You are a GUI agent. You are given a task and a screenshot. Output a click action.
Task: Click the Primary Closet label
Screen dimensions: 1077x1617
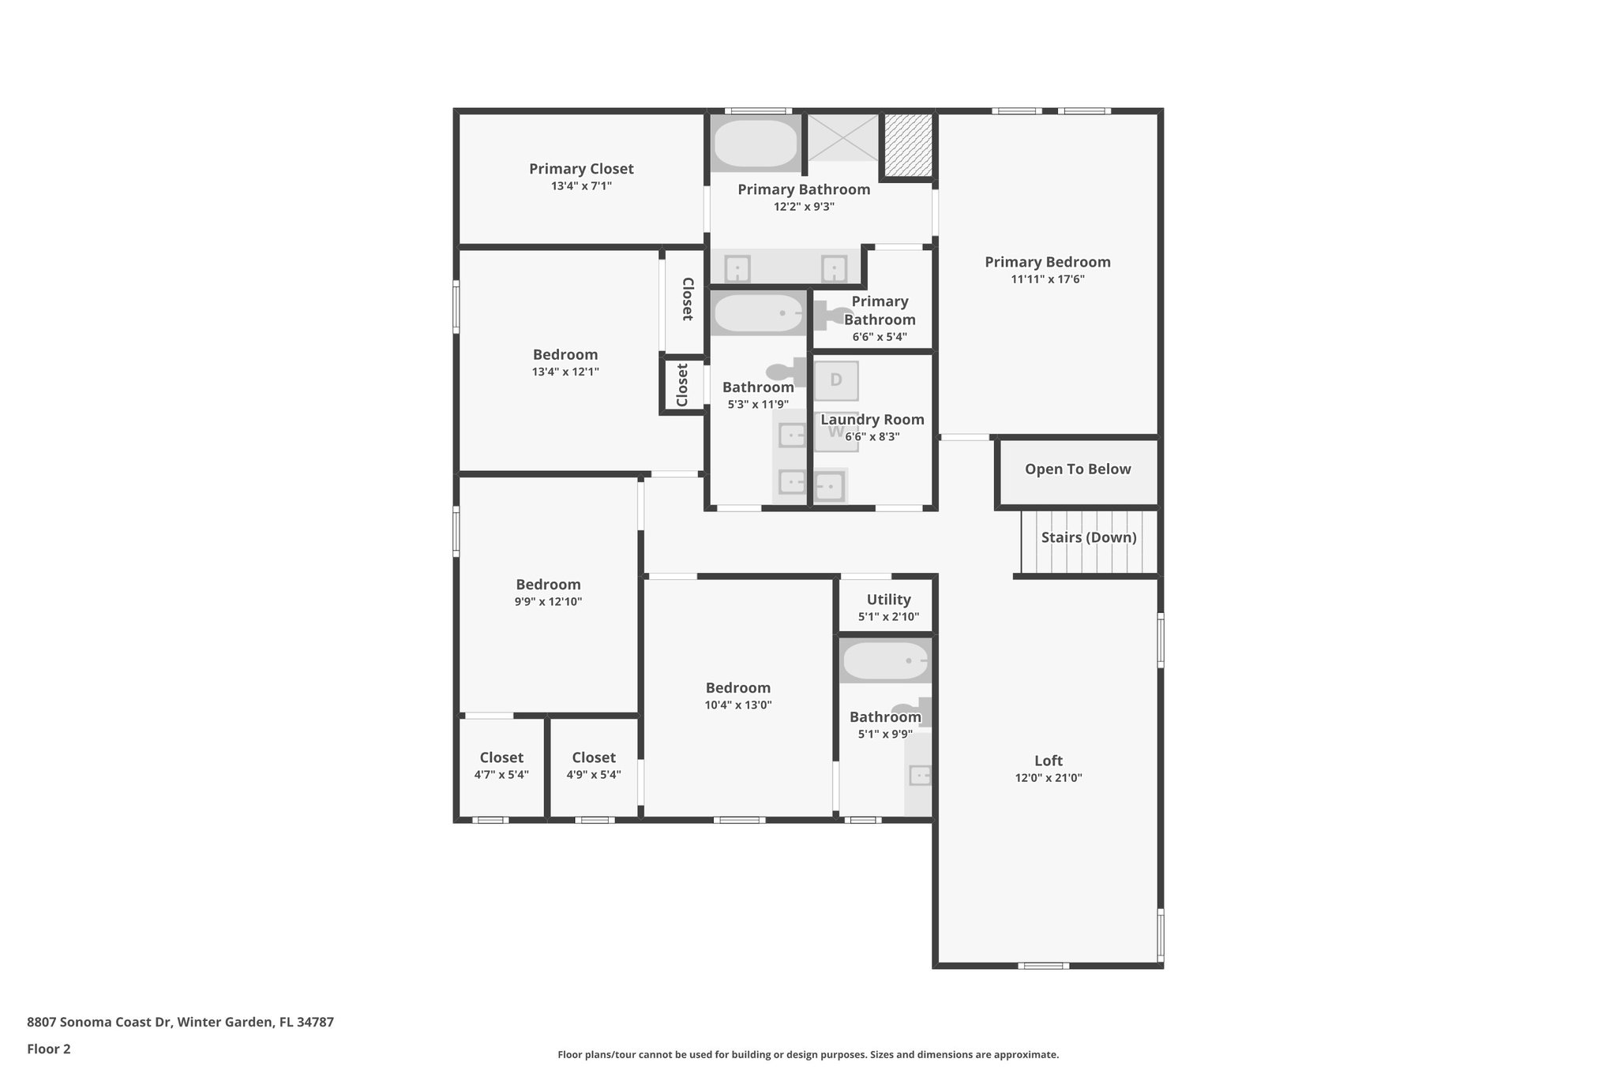tap(581, 169)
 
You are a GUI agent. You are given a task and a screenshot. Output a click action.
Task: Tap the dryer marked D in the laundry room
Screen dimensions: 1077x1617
tap(836, 380)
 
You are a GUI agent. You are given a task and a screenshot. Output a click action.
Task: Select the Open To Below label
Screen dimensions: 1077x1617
tap(1078, 469)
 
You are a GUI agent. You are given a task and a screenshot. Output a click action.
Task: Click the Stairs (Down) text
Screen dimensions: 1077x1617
tap(1089, 537)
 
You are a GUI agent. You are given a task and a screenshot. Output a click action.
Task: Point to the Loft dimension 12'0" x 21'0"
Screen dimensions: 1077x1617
tap(1049, 778)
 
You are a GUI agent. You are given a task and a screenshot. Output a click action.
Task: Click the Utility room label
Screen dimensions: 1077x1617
tap(888, 600)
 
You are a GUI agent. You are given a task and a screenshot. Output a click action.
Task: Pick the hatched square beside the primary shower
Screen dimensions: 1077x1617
tap(907, 146)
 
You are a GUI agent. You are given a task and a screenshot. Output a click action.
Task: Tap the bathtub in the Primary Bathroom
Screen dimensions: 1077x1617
tap(756, 143)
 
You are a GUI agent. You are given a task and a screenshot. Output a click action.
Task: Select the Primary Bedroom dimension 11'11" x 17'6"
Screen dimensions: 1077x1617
tap(1048, 279)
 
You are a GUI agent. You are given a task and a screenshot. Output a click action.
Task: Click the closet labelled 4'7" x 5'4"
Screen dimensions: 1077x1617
tap(501, 765)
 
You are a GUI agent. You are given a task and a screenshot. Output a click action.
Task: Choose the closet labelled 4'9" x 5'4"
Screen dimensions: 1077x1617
tap(594, 765)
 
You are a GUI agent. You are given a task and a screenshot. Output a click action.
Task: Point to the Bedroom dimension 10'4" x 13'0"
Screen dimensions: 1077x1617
tap(738, 705)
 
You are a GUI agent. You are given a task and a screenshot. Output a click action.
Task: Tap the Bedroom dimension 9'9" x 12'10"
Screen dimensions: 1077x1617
tap(548, 602)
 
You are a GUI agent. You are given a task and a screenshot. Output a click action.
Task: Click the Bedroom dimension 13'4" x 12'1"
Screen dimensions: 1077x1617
tap(565, 372)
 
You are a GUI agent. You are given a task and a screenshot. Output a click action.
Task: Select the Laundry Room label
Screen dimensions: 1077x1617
tap(872, 420)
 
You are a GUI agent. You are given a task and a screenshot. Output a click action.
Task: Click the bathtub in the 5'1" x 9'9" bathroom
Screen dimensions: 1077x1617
tap(884, 661)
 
